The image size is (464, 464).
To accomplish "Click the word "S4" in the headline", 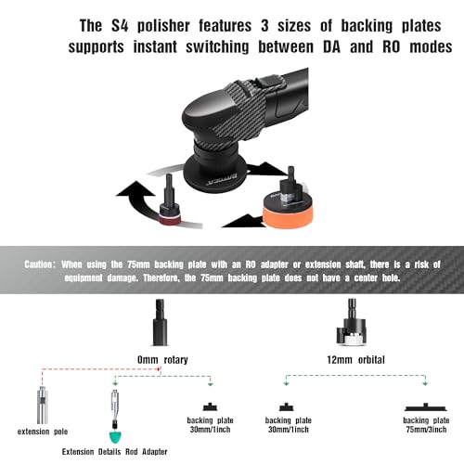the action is [120, 26].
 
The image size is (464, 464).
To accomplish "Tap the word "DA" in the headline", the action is [331, 47].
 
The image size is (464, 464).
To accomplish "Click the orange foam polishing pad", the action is [288, 214].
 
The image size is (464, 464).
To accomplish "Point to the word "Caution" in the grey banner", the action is [38, 264].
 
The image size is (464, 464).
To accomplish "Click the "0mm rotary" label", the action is [162, 360].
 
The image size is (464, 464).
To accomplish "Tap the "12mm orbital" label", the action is [355, 360].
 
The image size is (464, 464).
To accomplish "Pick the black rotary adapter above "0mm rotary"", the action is [161, 322].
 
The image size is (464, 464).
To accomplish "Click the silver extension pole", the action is [43, 405].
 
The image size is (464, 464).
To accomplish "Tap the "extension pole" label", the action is [43, 432].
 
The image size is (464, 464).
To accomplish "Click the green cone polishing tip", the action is [115, 437].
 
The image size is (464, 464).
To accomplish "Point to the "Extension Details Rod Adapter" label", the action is [114, 452].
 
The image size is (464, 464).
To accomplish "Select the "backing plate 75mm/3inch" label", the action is [426, 425].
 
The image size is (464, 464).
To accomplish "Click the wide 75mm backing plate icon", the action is [426, 407].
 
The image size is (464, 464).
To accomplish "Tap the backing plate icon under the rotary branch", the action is [210, 406].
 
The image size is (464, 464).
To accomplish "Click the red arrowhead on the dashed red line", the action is [159, 368].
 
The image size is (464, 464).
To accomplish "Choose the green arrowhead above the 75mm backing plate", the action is [425, 383].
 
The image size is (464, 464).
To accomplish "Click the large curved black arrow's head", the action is [135, 189].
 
